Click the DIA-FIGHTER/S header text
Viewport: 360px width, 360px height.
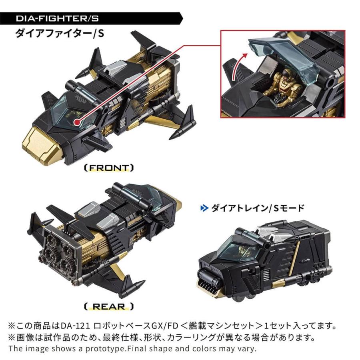point(58,18)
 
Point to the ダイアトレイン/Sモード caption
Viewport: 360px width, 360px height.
point(258,208)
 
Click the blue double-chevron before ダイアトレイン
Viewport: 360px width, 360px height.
point(204,208)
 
